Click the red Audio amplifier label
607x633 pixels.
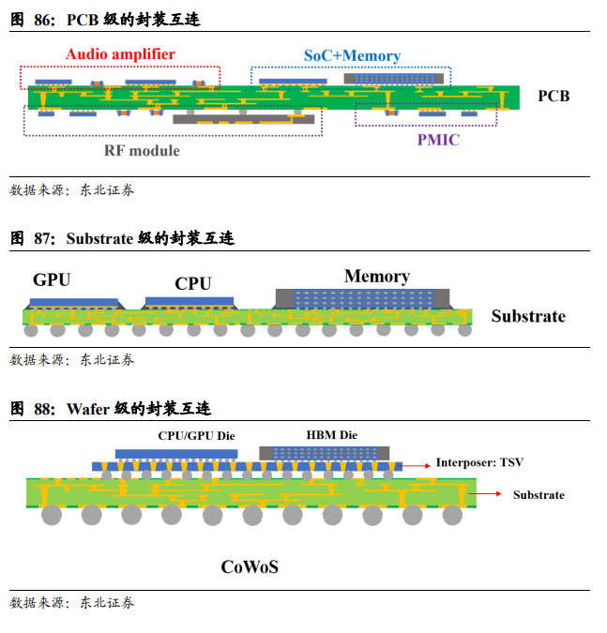coord(120,54)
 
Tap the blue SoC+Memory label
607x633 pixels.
coord(352,56)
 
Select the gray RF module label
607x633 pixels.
coord(142,150)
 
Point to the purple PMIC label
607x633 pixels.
coord(439,140)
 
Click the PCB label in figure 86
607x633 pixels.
coord(554,96)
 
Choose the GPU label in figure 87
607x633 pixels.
coord(52,279)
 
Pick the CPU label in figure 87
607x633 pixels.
coord(193,283)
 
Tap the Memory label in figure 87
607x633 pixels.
coord(376,276)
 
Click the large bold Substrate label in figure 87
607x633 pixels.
coord(528,316)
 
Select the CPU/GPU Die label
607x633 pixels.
coord(196,435)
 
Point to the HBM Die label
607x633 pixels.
coord(331,435)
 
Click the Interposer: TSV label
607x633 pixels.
coord(479,462)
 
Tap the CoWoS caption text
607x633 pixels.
coord(250,566)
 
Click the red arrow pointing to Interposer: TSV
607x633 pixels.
coord(417,463)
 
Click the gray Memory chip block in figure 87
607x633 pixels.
coord(361,299)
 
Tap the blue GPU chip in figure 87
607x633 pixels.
coord(75,303)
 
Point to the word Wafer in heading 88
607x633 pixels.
coord(87,409)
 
